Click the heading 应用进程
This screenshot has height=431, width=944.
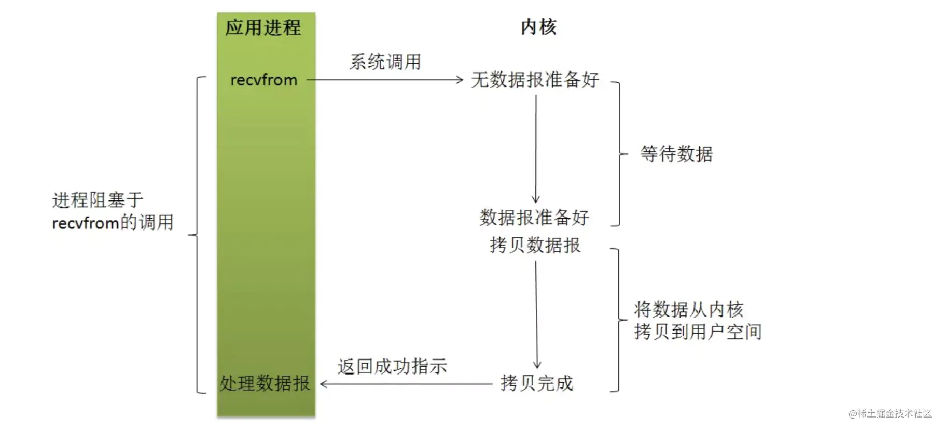[263, 27]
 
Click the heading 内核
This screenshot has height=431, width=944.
[538, 27]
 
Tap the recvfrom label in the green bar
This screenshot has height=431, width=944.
[263, 80]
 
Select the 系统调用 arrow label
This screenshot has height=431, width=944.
[385, 62]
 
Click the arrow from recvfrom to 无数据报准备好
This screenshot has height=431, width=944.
[384, 80]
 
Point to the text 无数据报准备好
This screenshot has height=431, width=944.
[535, 80]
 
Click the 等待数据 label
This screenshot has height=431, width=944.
[676, 154]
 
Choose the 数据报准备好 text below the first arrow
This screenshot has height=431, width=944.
[534, 218]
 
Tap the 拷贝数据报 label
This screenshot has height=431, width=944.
[535, 245]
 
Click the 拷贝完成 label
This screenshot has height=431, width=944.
[537, 383]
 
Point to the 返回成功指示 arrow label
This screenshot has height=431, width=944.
[392, 367]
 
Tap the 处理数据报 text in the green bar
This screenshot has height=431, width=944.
[265, 383]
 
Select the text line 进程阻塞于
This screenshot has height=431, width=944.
[98, 200]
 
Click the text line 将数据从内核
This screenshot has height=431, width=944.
[689, 310]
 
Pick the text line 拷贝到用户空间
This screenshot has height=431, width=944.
[698, 332]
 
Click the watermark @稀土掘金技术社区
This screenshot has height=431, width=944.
[890, 413]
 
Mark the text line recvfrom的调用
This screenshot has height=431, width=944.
[113, 223]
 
